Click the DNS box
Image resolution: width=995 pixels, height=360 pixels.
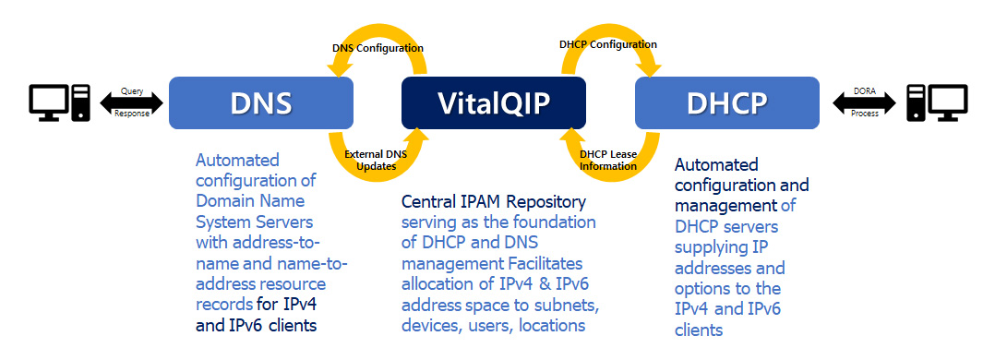(261, 102)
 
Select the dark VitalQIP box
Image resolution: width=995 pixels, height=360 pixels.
(494, 102)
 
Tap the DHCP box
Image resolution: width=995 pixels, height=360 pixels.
(727, 102)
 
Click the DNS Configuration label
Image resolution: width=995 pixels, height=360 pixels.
(378, 48)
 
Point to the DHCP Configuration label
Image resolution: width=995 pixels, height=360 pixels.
(608, 44)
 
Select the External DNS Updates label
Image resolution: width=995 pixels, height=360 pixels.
(376, 161)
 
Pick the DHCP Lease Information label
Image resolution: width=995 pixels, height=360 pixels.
(608, 161)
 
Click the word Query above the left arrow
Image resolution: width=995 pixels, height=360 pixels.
(132, 91)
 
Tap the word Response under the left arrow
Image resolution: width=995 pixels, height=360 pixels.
(132, 114)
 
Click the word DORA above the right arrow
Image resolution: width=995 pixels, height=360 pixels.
(864, 91)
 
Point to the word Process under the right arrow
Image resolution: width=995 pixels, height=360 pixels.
(864, 114)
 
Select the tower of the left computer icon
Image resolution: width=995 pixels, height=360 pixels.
(81, 102)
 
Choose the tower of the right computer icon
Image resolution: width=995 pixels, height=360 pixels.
(915, 102)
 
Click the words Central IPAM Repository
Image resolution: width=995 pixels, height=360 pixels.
(494, 202)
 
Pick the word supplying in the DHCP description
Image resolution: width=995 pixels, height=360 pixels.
(703, 247)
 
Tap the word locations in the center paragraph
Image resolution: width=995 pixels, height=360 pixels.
(551, 326)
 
